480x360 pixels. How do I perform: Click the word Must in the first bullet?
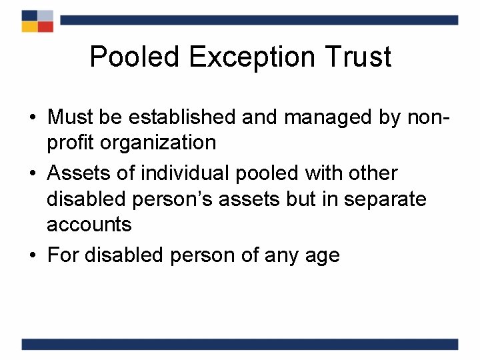(x=71, y=117)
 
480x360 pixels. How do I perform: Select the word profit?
(x=70, y=143)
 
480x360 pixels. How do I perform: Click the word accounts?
(x=89, y=224)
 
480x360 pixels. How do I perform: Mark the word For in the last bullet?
(x=62, y=255)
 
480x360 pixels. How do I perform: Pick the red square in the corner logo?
(x=45, y=26)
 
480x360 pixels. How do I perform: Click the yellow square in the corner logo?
(x=29, y=26)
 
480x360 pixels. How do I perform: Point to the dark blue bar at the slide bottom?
(x=240, y=344)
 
